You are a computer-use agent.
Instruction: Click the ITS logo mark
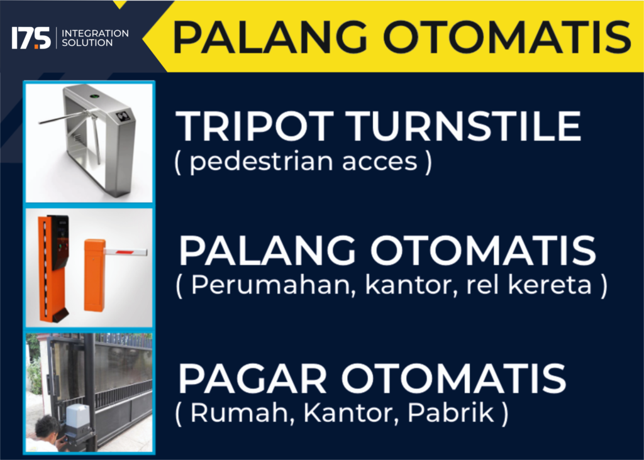tap(31, 38)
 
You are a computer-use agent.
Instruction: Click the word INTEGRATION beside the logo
tap(95, 33)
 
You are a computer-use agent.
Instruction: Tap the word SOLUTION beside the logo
tap(87, 43)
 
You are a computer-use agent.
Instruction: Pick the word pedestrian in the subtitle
tap(261, 162)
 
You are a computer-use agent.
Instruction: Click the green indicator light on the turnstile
tap(95, 97)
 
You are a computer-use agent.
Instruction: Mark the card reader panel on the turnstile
tap(124, 116)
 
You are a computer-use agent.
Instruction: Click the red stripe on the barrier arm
tap(125, 251)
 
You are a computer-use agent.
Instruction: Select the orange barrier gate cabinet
tap(94, 275)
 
